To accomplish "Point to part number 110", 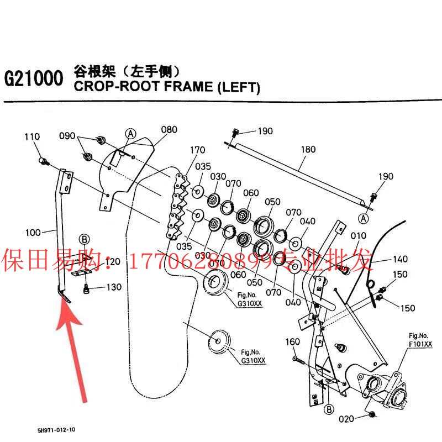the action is click(x=32, y=136).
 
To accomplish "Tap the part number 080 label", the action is click(x=169, y=130).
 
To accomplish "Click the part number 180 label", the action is click(x=308, y=149).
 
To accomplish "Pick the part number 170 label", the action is click(x=197, y=150).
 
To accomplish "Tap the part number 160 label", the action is click(x=293, y=342).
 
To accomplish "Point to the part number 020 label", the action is click(x=346, y=419).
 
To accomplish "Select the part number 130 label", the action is click(x=113, y=287).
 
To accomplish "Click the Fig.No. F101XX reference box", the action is click(x=420, y=340).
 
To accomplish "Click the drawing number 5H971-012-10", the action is click(x=56, y=429).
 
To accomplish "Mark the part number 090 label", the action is click(x=67, y=135).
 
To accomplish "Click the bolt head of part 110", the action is click(x=43, y=161).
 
